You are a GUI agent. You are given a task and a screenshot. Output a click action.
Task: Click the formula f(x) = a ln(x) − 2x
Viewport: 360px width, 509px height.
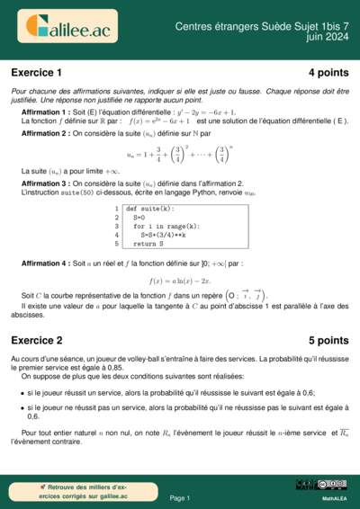pyautogui.click(x=179, y=281)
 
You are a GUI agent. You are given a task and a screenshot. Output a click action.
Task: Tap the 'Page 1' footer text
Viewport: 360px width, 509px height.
pyautogui.click(x=179, y=497)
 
